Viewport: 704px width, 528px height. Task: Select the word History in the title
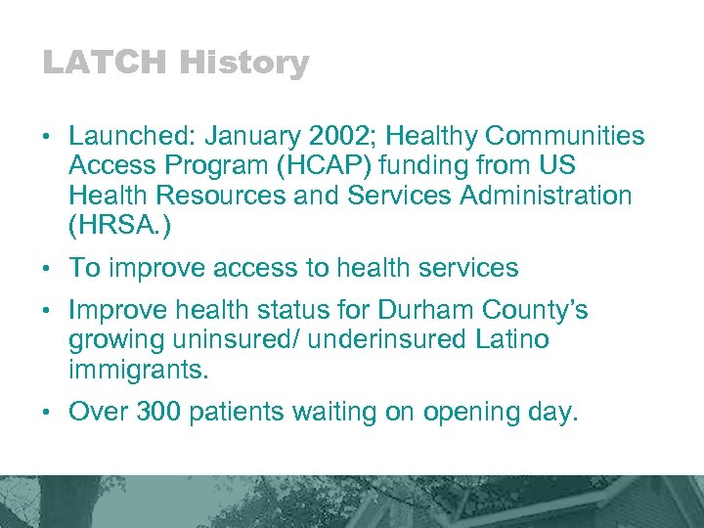[x=244, y=64]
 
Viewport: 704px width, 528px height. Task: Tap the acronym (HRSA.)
[x=120, y=224]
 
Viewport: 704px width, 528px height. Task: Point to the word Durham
[x=421, y=311]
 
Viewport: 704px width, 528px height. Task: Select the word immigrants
[x=138, y=370]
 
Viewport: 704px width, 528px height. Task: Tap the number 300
[x=158, y=413]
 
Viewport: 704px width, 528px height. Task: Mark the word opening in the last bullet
[x=470, y=413]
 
